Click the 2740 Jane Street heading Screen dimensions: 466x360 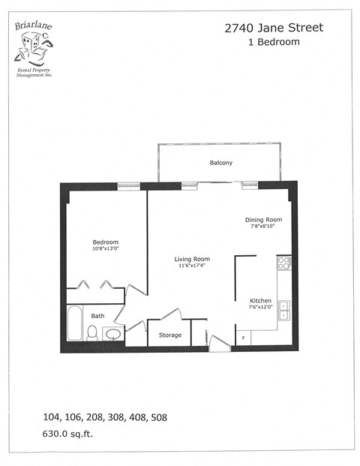pyautogui.click(x=274, y=28)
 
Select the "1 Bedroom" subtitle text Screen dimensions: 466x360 pyautogui.click(x=274, y=42)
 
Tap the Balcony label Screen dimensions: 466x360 pyautogui.click(x=220, y=163)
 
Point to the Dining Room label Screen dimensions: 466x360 pyautogui.click(x=263, y=220)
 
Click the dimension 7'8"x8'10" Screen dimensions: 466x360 pyautogui.click(x=263, y=227)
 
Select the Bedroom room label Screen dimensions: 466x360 pyautogui.click(x=106, y=242)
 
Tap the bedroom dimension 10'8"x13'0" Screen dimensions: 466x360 pyautogui.click(x=106, y=248)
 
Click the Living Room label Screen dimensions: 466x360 pyautogui.click(x=190, y=259)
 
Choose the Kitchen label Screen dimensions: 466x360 pyautogui.click(x=259, y=300)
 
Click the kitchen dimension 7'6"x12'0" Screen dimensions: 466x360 pyautogui.click(x=260, y=307)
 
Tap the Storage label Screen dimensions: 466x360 pyautogui.click(x=169, y=335)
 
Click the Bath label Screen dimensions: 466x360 pyautogui.click(x=98, y=316)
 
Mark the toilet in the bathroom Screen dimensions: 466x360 pyautogui.click(x=92, y=333)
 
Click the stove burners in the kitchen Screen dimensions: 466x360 pyautogui.click(x=284, y=263)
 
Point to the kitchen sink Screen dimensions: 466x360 pyautogui.click(x=284, y=309)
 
